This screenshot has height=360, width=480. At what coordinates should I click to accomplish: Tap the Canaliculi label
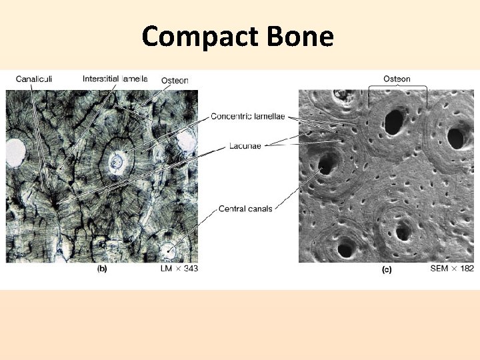coord(35,79)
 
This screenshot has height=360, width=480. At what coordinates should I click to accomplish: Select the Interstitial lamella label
coord(115,79)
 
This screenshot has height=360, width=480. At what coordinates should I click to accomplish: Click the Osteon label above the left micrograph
coord(175,80)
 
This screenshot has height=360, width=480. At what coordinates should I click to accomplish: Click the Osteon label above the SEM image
coord(397,79)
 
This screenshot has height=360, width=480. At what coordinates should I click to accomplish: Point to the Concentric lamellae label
coord(247,116)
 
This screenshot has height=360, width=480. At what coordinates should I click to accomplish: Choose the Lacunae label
coord(245,146)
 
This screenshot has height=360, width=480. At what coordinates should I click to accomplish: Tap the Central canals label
coord(245,209)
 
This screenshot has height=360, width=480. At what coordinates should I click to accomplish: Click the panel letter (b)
coord(102,269)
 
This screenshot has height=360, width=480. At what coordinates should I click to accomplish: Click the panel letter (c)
coord(386,269)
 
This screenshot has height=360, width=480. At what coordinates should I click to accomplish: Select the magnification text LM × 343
coord(179,269)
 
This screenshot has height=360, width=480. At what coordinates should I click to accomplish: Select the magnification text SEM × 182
coord(453,269)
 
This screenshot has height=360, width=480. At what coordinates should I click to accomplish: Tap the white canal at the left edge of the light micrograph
coord(15,152)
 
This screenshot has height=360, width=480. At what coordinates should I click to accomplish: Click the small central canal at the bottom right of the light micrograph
coord(169,251)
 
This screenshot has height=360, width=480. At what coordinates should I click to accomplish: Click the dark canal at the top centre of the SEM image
coord(394,121)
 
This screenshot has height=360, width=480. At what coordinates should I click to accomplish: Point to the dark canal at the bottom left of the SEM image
coord(346,250)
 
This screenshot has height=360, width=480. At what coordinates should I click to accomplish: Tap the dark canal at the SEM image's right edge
coord(456,138)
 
